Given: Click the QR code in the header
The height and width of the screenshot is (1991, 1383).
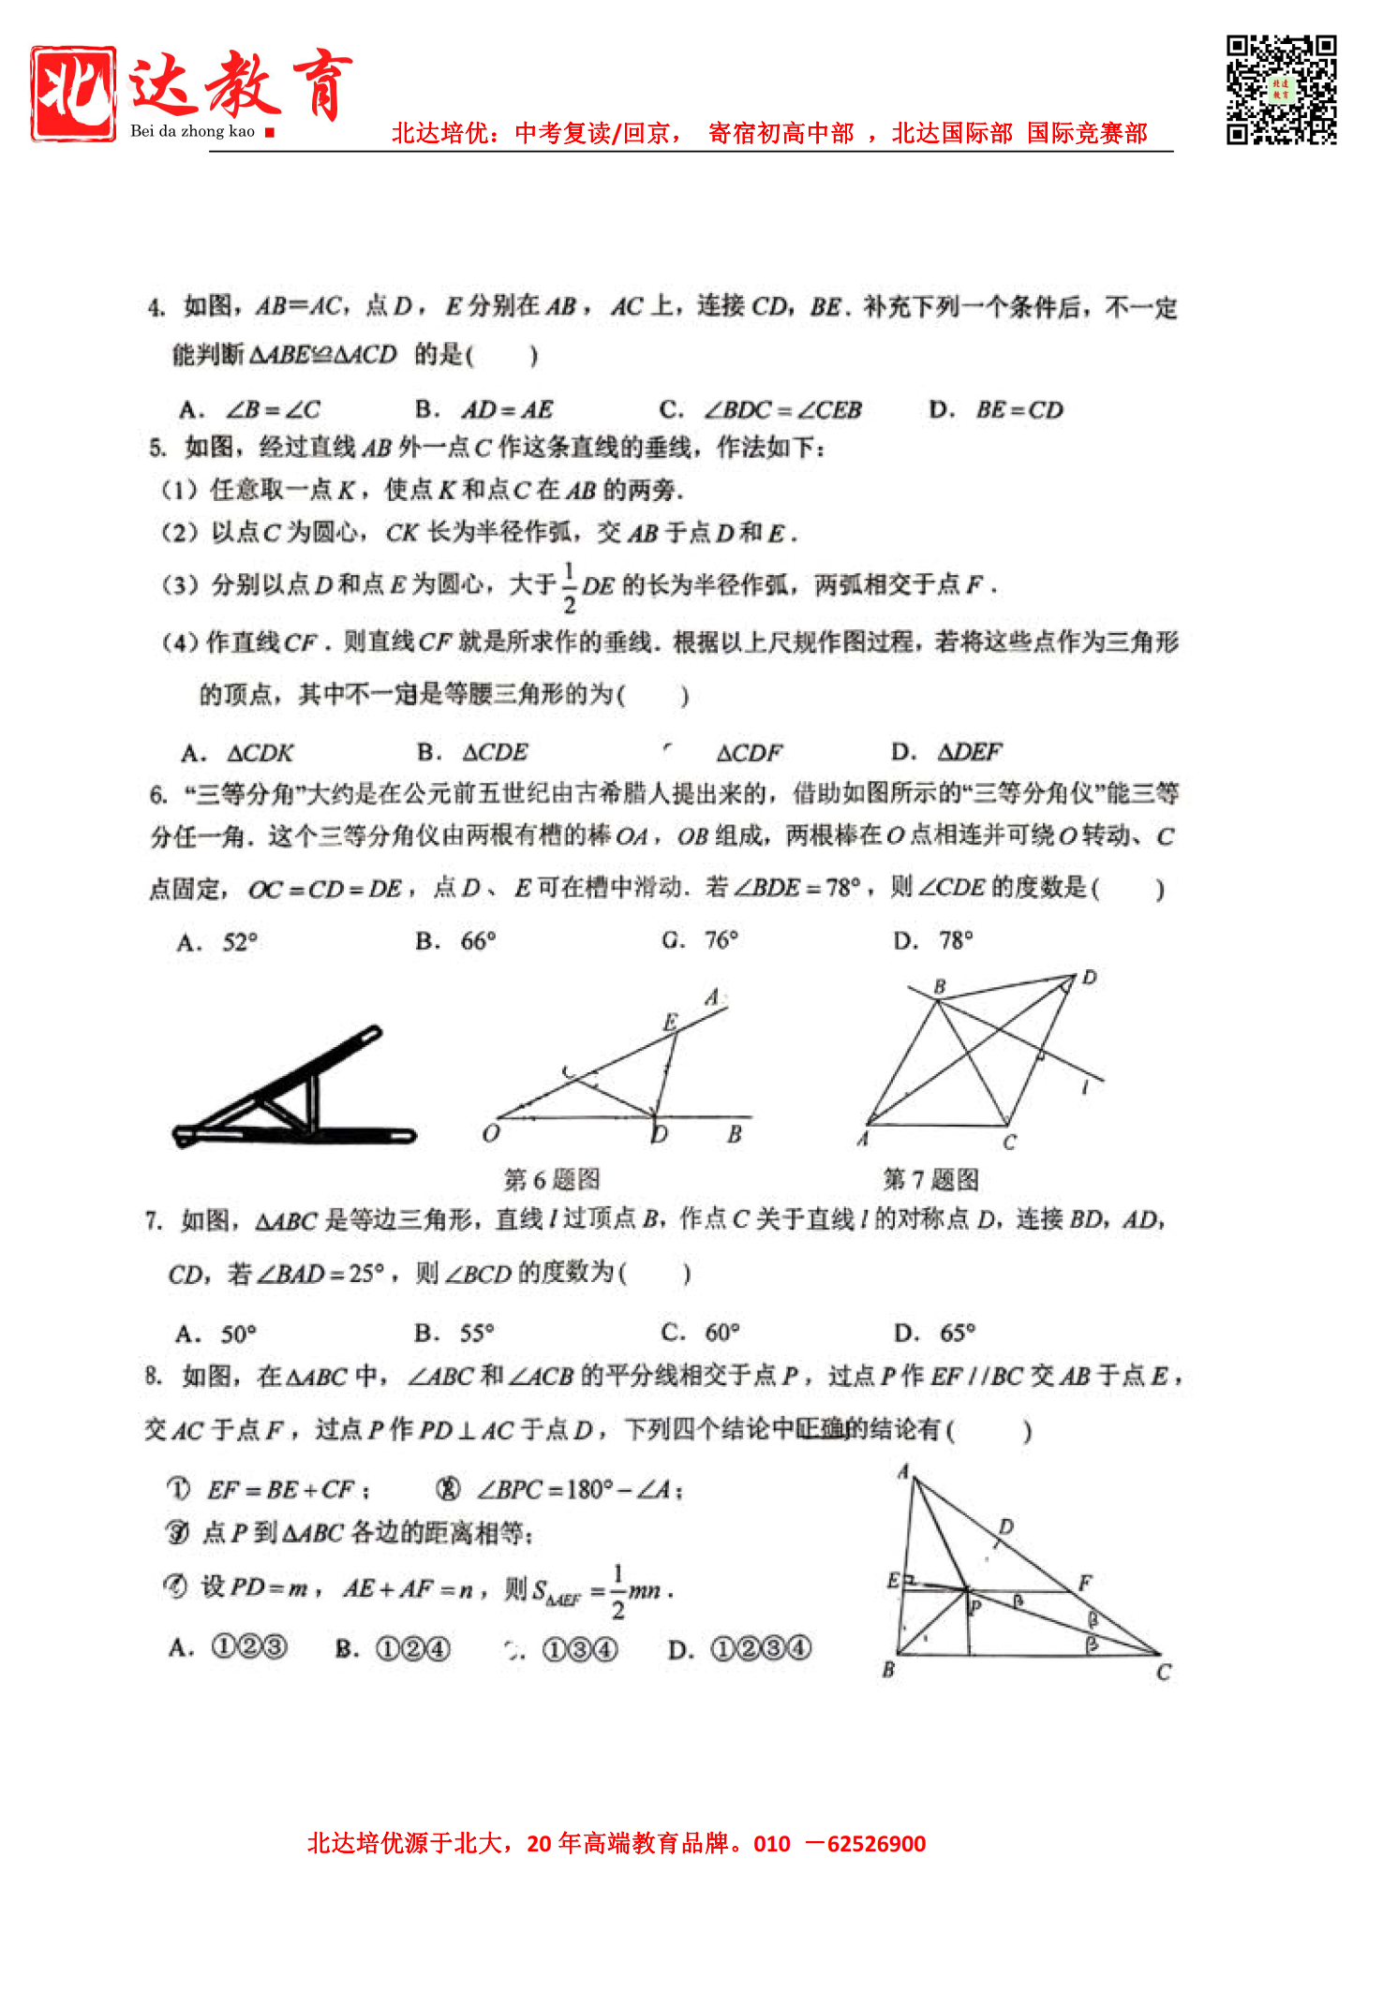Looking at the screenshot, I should pyautogui.click(x=1281, y=90).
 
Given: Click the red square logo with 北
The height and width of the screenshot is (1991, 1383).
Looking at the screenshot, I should pyautogui.click(x=73, y=94).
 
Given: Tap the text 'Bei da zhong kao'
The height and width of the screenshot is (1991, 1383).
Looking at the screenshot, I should pyautogui.click(x=192, y=131).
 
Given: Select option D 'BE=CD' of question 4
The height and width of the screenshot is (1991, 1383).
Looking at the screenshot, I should pyautogui.click(x=997, y=410).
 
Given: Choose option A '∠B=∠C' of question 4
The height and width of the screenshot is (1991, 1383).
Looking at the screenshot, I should pyautogui.click(x=250, y=410).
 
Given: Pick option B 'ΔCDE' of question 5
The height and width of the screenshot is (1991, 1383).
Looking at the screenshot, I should pyautogui.click(x=473, y=752).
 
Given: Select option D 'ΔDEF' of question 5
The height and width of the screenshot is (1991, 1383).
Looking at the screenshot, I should pyautogui.click(x=947, y=752).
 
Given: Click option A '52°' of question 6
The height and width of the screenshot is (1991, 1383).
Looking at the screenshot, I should pyautogui.click(x=217, y=942).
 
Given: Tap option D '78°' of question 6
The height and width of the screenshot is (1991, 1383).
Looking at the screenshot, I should pyautogui.click(x=933, y=940).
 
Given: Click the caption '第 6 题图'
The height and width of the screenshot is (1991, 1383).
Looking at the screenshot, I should pyautogui.click(x=552, y=1180).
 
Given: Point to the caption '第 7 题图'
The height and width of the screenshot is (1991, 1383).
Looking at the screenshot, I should pyautogui.click(x=930, y=1180).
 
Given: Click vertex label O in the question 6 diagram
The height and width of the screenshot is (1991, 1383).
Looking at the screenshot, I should pyautogui.click(x=491, y=1134).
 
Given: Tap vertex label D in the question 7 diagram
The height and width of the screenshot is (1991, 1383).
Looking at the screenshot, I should pyautogui.click(x=1089, y=978).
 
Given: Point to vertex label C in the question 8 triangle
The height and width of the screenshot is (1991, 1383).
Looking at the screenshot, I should pyautogui.click(x=1164, y=1673).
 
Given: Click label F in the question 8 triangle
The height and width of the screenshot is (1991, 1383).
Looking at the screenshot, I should pyautogui.click(x=1085, y=1584).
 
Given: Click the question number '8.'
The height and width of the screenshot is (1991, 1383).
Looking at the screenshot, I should pyautogui.click(x=154, y=1376).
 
